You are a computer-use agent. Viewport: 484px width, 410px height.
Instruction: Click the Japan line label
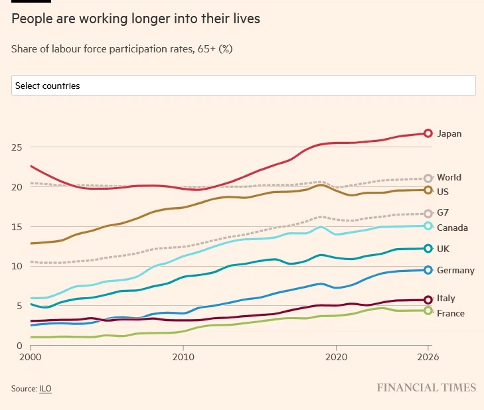449,134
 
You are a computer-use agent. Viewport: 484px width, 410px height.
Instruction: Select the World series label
449,178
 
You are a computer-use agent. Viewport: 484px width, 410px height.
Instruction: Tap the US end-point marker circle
428,190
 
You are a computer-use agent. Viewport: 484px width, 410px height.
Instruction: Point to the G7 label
444,213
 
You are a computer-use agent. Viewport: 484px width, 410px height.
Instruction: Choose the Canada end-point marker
428,226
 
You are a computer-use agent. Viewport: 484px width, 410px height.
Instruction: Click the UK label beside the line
444,249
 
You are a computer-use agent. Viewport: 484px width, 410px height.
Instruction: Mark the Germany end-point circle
428,270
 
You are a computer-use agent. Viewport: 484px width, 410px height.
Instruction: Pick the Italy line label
446,299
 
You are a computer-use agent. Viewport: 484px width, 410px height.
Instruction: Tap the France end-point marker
428,310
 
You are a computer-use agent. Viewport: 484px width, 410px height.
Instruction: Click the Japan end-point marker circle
428,133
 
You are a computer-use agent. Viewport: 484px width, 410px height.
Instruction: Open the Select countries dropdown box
243,86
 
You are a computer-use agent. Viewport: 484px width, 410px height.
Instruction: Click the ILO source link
44,388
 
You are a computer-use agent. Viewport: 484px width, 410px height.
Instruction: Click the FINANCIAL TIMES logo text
426,387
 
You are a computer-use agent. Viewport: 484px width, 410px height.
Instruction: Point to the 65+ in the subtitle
198,48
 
